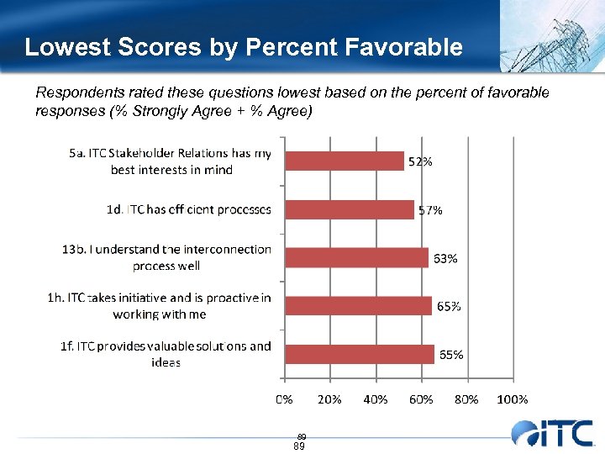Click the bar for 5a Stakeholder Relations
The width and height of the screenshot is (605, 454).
tap(345, 161)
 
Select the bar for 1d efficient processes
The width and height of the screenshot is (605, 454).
tap(350, 209)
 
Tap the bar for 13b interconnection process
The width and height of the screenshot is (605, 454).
tap(356, 257)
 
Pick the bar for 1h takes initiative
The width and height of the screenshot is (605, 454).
tap(359, 306)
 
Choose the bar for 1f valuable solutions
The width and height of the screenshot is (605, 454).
tap(359, 354)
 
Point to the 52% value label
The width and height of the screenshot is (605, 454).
tap(420, 161)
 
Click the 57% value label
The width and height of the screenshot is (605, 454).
tap(429, 210)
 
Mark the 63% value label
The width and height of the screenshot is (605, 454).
tap(445, 258)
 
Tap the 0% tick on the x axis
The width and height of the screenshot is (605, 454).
tap(285, 399)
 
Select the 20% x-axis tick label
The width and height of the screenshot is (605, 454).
tap(329, 399)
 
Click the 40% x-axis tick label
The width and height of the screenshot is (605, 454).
tap(376, 399)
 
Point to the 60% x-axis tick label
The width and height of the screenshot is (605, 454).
tap(421, 399)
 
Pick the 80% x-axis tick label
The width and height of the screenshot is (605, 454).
tap(466, 399)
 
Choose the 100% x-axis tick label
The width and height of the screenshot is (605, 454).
tap(513, 399)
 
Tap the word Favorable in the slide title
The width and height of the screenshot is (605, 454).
tap(404, 47)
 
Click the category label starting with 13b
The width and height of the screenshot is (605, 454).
tap(166, 257)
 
